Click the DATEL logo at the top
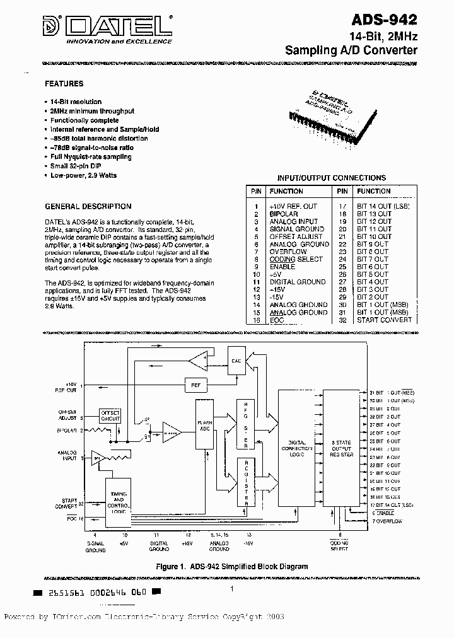pos(108,26)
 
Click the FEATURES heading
pos(64,84)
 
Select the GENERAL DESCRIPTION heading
pos(88,206)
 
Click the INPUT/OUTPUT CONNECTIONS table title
pos(331,178)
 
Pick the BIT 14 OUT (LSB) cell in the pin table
pos(383,207)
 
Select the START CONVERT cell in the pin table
pos(384,320)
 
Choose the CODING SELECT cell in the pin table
pos(296,259)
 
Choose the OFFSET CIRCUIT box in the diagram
pos(110,415)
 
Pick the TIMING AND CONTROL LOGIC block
pos(119,501)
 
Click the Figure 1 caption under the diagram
pos(232,566)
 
